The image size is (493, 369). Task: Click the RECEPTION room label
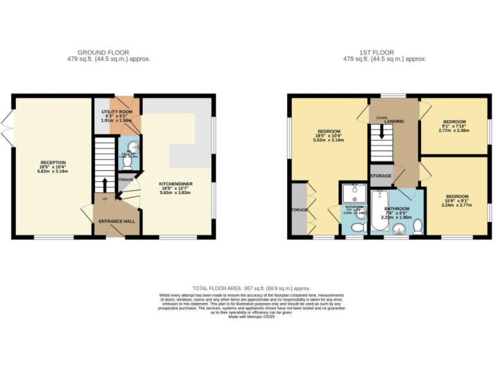click(53, 163)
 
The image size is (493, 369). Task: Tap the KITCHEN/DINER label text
click(176, 184)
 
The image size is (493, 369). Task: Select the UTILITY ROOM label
click(116, 112)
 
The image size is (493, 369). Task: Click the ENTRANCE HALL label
click(116, 222)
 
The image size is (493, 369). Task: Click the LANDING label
click(394, 121)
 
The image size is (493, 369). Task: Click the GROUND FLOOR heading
click(103, 52)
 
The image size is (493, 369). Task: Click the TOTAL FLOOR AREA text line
click(246, 289)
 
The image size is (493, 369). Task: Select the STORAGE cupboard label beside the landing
click(381, 175)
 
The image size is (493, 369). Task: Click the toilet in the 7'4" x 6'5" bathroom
click(417, 225)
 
